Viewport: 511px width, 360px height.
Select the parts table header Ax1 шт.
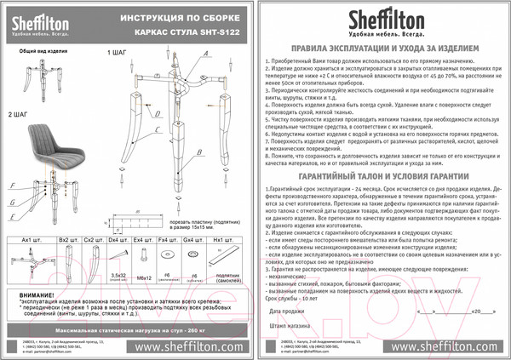pyautogui.click(x=32, y=240)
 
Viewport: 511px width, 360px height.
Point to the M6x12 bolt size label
pyautogui.click(x=139, y=277)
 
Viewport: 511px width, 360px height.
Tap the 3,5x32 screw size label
pyautogui.click(x=112, y=277)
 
